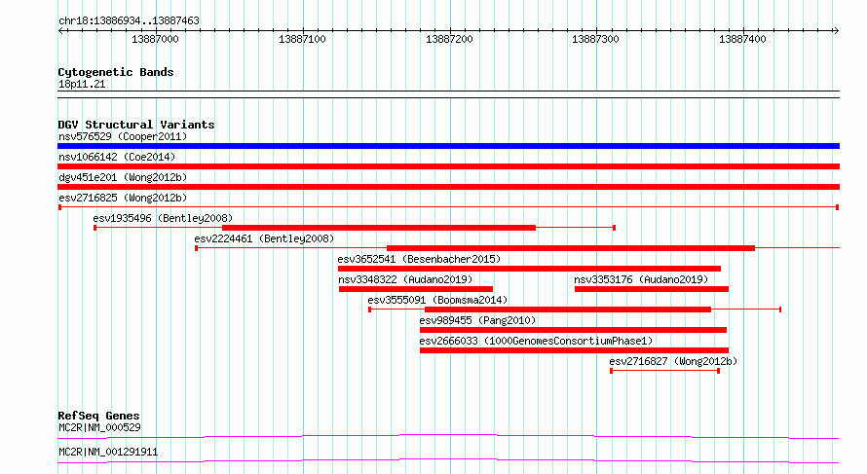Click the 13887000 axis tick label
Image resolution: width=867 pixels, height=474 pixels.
(155, 39)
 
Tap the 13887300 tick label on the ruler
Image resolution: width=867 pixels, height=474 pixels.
(595, 39)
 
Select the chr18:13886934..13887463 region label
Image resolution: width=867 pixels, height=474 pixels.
(129, 21)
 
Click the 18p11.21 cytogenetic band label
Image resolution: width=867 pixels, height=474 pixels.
(82, 84)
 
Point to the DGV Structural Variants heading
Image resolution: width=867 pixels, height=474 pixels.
(136, 125)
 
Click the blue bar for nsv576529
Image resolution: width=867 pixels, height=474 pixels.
(448, 146)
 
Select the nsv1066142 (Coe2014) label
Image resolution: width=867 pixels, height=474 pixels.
(117, 157)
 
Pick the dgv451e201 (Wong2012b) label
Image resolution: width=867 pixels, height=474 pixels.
(123, 177)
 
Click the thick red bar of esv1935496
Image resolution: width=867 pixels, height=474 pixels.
(379, 228)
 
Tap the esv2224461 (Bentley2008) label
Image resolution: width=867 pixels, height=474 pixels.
(264, 238)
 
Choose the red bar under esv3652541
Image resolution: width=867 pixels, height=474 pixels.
(529, 269)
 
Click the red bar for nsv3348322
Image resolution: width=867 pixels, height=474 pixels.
(416, 289)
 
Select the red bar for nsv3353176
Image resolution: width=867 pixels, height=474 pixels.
(652, 289)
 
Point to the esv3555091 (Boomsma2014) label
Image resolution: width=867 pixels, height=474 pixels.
(437, 300)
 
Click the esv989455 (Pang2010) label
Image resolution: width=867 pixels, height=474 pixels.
(477, 320)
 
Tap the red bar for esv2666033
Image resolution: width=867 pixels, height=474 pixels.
(574, 350)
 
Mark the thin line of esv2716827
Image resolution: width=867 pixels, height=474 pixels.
(664, 371)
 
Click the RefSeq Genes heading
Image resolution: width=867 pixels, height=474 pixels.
(98, 416)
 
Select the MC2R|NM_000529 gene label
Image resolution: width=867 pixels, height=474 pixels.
(99, 427)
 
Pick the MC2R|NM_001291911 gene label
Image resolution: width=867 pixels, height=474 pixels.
(108, 452)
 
